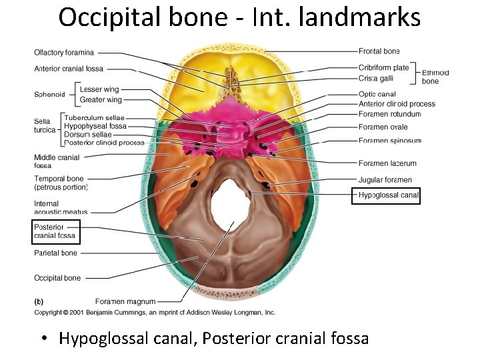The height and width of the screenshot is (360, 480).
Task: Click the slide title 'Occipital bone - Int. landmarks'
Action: pyautogui.click(x=239, y=17)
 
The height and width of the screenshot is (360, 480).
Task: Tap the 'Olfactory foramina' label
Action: pyautogui.click(x=64, y=53)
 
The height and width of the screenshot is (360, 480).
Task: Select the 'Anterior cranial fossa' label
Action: pyautogui.click(x=69, y=69)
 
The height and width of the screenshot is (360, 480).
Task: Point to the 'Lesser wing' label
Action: pyautogui.click(x=99, y=89)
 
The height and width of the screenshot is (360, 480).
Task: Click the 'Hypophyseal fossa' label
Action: pyautogui.click(x=95, y=126)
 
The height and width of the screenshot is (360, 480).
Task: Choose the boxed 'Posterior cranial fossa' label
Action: pyautogui.click(x=55, y=231)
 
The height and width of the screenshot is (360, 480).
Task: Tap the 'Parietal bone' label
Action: pyautogui.click(x=55, y=253)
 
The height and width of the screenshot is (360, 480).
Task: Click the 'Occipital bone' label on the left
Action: pyautogui.click(x=57, y=278)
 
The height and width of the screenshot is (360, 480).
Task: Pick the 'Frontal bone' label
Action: pyautogui.click(x=379, y=51)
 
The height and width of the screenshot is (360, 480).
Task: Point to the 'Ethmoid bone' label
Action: pyautogui.click(x=435, y=77)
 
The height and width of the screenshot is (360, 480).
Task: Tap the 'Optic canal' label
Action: pyautogui.click(x=377, y=95)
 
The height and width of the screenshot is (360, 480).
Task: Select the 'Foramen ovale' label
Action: pyautogui.click(x=383, y=127)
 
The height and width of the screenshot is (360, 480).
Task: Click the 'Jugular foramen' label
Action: pyautogui.click(x=385, y=180)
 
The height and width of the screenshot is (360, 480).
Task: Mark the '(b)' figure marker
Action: pyautogui.click(x=39, y=302)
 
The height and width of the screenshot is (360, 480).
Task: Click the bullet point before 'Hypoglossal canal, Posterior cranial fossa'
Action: pyautogui.click(x=43, y=339)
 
